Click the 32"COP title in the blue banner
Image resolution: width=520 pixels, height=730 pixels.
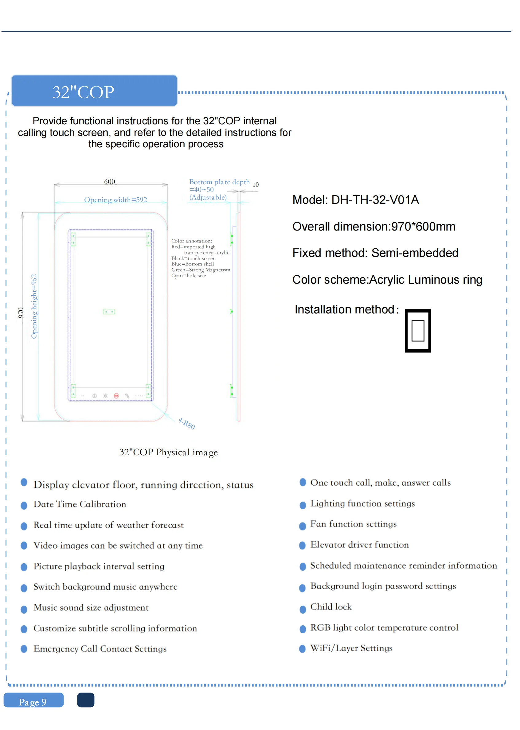coord(83,92)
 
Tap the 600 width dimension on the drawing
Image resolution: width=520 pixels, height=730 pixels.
coord(110,182)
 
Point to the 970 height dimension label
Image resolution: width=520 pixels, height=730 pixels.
coord(21,313)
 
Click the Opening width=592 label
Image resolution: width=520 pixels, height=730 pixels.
coord(115,200)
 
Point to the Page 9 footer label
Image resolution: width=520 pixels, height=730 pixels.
coord(33,702)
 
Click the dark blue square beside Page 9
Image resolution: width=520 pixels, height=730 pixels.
coord(85,700)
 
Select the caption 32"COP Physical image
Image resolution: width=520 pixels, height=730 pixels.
coord(168,452)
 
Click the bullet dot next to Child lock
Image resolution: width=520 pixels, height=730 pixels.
coord(302,609)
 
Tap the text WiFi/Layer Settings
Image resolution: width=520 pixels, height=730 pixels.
coord(351,648)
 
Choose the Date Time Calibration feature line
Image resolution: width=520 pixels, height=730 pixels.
coord(80,504)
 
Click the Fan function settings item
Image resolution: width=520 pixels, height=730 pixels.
coord(353,524)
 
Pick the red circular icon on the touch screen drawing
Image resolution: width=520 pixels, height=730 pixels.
coord(116,396)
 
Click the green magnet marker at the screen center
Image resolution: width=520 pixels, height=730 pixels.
coord(109,311)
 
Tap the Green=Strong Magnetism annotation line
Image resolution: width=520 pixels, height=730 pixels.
coord(201,270)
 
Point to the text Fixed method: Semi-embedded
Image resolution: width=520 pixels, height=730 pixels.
coord(375,253)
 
